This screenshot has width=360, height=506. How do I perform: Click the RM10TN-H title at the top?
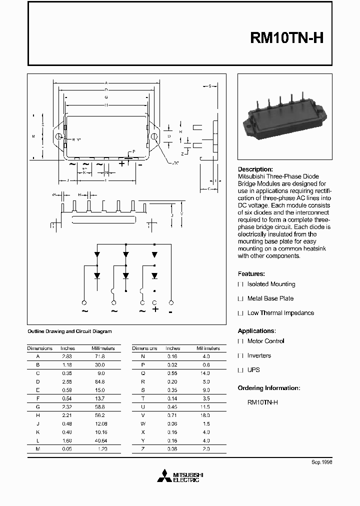click(287, 39)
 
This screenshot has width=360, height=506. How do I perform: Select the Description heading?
click(255, 169)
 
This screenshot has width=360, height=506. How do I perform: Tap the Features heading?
click(251, 274)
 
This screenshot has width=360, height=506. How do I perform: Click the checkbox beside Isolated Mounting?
click(240, 284)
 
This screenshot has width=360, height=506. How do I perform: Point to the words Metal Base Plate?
click(270, 298)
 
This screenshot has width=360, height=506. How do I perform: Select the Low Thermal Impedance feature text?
click(280, 313)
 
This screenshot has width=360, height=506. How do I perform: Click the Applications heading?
click(256, 331)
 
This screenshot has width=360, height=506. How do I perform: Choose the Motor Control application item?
click(265, 341)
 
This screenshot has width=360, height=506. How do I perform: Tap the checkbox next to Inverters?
click(240, 356)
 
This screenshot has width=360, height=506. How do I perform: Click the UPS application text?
click(253, 370)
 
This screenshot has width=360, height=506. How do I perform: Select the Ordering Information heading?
click(268, 388)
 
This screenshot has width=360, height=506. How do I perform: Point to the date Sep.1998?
click(321, 462)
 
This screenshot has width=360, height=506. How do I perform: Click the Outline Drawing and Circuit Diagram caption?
click(69, 331)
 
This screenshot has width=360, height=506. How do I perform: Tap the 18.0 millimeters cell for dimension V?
click(205, 407)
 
